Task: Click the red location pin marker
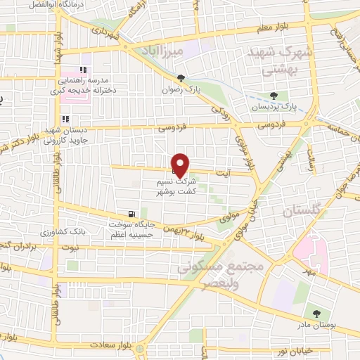pos(181,165)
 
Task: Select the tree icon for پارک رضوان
pos(181,77)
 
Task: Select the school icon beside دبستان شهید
pos(66,120)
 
